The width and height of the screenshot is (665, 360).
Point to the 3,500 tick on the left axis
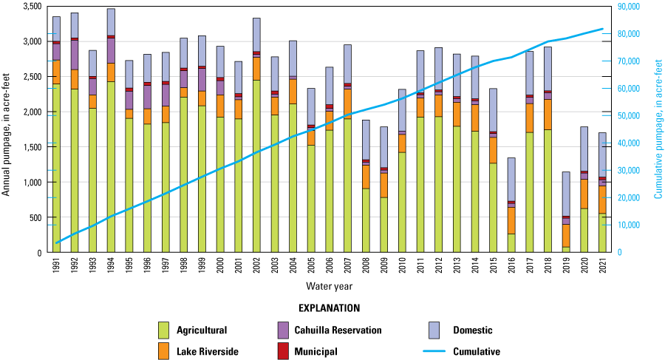[31, 7]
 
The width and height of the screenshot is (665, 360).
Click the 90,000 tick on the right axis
[629, 7]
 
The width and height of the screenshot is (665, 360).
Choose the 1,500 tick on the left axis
[31, 147]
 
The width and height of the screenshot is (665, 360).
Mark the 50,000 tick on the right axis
[629, 116]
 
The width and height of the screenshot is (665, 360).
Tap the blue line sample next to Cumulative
[439, 352]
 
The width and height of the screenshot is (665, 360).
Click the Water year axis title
[330, 285]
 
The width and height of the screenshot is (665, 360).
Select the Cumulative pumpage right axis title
[658, 129]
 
